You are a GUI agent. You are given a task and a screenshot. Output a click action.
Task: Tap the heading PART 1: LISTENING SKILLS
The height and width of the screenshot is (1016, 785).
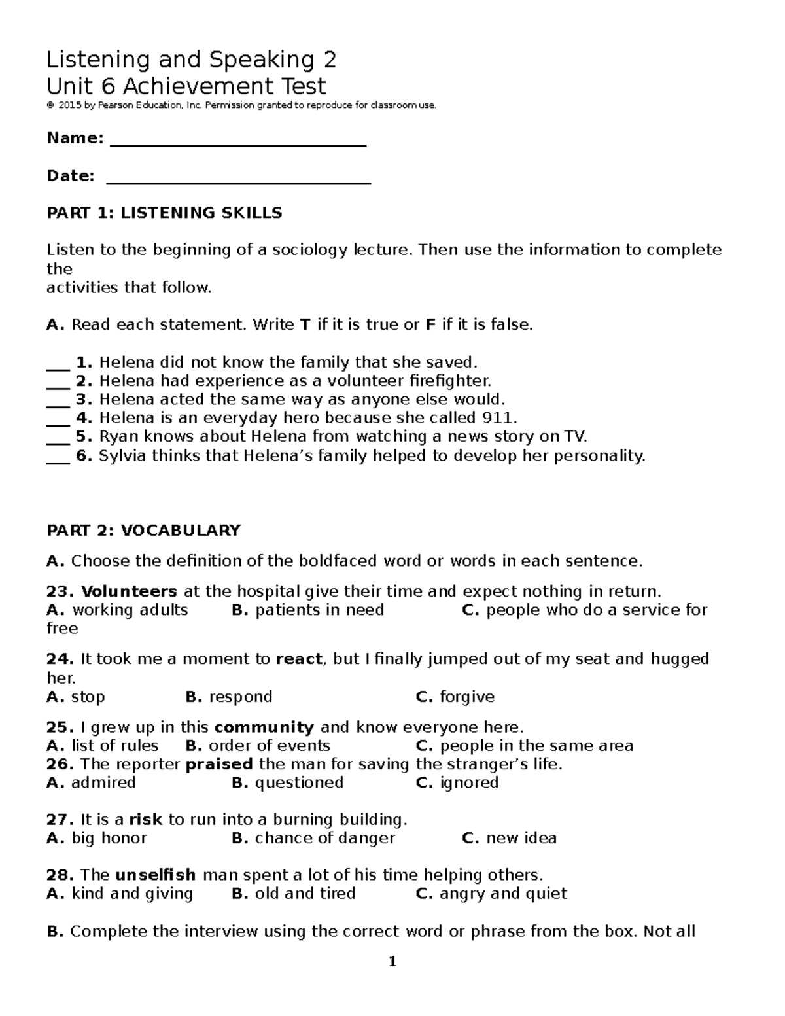[x=164, y=213]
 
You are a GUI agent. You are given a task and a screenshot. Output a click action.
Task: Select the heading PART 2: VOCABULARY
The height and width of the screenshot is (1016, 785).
[x=143, y=530]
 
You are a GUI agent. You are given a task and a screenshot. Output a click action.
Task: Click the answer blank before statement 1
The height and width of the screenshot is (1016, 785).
[x=58, y=364]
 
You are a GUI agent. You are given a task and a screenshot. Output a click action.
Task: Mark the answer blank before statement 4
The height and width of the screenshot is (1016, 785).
[x=58, y=419]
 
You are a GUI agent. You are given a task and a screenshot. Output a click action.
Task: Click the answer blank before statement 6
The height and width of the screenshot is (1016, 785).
[x=58, y=457]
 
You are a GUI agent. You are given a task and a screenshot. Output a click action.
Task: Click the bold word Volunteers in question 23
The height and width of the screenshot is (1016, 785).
[x=129, y=591]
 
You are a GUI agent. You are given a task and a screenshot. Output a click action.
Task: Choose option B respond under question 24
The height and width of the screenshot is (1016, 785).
[x=229, y=697]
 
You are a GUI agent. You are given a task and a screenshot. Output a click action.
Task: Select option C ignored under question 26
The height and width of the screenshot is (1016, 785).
[x=457, y=782]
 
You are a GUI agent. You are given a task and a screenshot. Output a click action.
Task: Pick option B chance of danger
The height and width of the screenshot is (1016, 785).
[x=313, y=838]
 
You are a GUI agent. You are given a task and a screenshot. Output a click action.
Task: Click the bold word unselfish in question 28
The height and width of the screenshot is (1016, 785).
[x=155, y=875]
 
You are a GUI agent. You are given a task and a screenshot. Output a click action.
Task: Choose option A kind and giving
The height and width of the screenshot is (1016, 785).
[x=120, y=894]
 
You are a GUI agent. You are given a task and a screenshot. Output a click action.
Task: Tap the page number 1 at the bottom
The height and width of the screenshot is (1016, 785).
[x=392, y=962]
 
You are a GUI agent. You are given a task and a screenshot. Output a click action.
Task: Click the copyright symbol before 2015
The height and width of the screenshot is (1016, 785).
[x=49, y=105]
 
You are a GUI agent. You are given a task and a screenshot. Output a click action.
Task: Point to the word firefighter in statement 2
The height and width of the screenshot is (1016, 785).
[x=449, y=381]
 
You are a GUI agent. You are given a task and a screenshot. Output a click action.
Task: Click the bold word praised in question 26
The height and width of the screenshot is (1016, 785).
[x=219, y=764]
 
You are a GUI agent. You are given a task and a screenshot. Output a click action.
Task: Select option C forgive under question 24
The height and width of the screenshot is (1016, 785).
[x=455, y=697]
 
